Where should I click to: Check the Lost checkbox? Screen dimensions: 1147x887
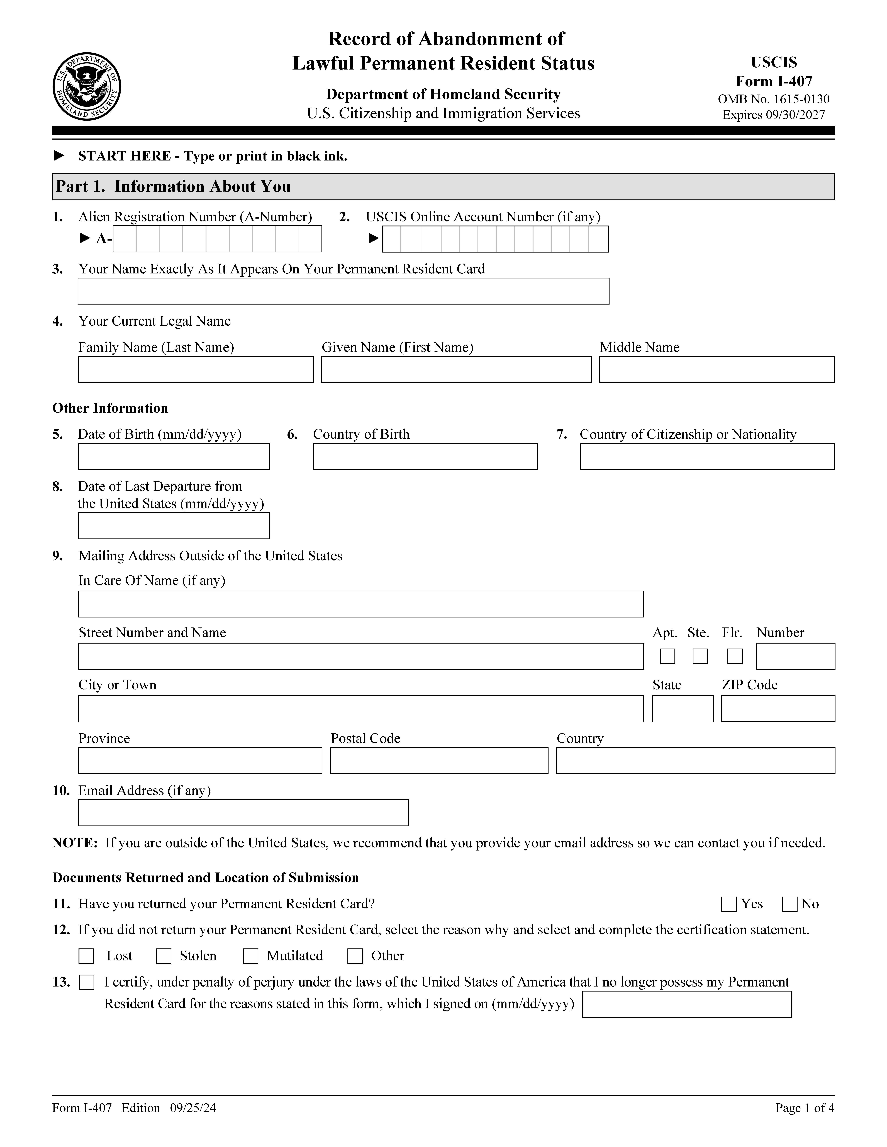pyautogui.click(x=86, y=956)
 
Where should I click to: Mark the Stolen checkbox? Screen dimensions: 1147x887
pyautogui.click(x=164, y=956)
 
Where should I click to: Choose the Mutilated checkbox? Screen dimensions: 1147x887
pyautogui.click(x=251, y=956)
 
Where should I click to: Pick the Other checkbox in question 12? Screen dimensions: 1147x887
pyautogui.click(x=355, y=956)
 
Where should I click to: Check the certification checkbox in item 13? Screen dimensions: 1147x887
pyautogui.click(x=87, y=982)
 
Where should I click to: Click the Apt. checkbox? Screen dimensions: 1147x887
pyautogui.click(x=667, y=656)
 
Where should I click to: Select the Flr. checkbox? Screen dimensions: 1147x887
pyautogui.click(x=735, y=656)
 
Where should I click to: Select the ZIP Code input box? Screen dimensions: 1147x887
pyautogui.click(x=778, y=708)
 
